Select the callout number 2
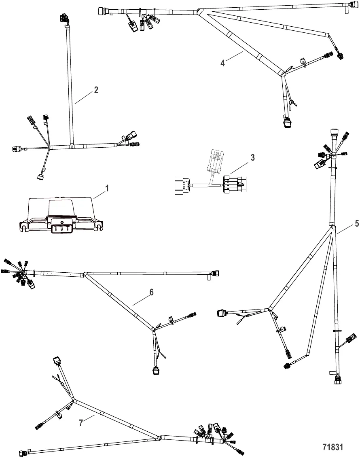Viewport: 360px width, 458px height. coord(96,90)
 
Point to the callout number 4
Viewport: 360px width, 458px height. coord(222,64)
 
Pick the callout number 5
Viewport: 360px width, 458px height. coord(356,223)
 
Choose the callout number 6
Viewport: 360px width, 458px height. coord(152,292)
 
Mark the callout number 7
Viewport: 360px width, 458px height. coord(81,423)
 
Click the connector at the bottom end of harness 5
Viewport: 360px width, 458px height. coord(337,380)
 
